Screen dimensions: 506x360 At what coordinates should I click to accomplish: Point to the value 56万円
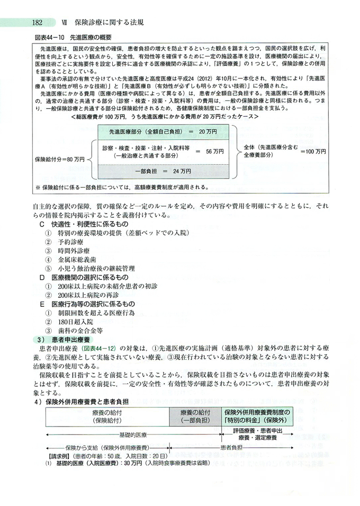[x=215, y=151]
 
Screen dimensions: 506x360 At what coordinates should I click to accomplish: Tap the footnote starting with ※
[x=122, y=187]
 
